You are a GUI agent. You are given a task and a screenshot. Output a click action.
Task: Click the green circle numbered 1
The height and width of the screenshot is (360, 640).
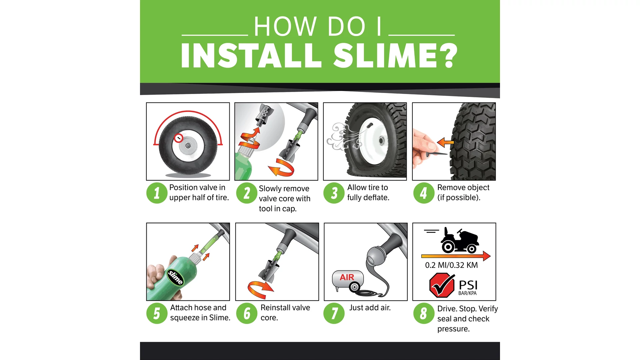(x=157, y=193)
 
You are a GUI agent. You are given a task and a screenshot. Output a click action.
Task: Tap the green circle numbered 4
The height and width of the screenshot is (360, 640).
(x=424, y=193)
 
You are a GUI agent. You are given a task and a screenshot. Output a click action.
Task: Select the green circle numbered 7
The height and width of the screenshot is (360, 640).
(x=334, y=313)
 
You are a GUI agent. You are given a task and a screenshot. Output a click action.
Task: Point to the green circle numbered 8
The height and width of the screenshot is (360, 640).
(x=424, y=313)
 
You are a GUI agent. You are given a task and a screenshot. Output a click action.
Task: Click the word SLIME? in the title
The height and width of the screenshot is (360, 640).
(x=396, y=56)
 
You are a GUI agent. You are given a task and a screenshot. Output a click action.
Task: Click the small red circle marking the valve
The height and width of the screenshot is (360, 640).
(x=179, y=138)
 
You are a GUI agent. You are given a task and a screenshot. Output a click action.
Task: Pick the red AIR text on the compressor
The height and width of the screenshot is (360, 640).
(x=347, y=277)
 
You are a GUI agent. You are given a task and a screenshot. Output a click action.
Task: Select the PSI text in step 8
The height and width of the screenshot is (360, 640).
(x=468, y=285)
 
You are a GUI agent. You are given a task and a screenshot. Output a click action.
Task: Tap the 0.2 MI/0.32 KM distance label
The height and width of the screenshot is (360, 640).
(x=451, y=265)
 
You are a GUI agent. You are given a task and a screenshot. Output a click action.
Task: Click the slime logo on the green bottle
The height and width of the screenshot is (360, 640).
(x=175, y=277)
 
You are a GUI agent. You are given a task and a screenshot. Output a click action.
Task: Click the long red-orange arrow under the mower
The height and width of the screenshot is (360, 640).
(x=456, y=256)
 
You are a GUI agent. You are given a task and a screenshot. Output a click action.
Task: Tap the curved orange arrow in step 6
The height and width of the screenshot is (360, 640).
(x=260, y=289)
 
